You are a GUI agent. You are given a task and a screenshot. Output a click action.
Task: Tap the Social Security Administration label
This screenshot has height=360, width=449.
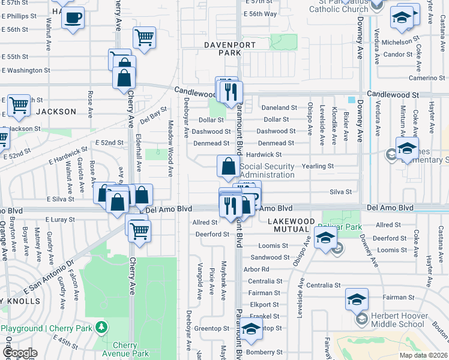click(267, 170)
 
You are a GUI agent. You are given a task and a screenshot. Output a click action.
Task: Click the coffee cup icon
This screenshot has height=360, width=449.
click(73, 18)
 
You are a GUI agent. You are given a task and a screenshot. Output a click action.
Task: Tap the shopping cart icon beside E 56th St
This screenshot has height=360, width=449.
click(144, 37)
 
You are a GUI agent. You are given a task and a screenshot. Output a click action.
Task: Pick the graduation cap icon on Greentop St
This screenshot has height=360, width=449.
click(252, 328)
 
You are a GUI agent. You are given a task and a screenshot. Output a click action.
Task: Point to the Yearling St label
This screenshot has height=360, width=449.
click(318, 166)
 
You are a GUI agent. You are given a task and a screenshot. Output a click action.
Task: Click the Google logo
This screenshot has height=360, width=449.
click(20, 353)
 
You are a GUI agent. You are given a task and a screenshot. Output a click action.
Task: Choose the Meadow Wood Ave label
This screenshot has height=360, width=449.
click(170, 148)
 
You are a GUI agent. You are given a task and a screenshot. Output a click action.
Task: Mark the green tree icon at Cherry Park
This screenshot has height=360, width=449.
click(103, 326)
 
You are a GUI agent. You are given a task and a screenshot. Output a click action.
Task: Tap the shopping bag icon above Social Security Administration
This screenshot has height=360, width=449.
click(228, 166)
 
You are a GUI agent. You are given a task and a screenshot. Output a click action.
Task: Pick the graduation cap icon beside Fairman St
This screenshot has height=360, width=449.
click(357, 299)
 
